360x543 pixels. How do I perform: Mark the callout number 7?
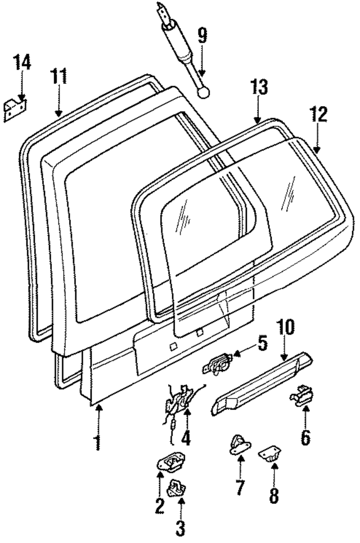[240, 487]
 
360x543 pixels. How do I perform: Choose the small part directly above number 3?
[179, 488]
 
